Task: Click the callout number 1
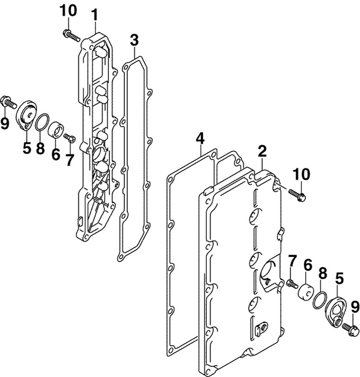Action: (x=95, y=13)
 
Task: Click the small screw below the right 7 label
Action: (x=291, y=283)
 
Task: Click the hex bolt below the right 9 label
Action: (x=350, y=327)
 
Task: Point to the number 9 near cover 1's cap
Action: (x=5, y=123)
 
